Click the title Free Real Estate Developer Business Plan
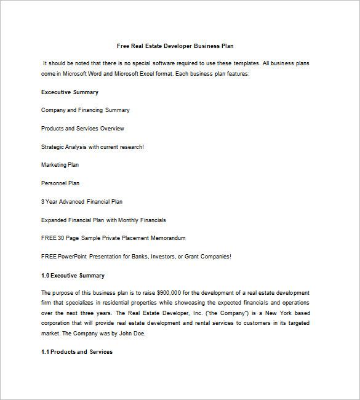[x=175, y=46]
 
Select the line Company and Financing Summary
[x=85, y=110]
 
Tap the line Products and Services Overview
[x=82, y=129]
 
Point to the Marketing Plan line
[x=60, y=165]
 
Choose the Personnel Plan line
[x=60, y=183]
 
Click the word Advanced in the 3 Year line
[x=72, y=202]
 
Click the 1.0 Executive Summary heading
[x=73, y=276]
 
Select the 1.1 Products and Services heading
[x=77, y=352]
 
